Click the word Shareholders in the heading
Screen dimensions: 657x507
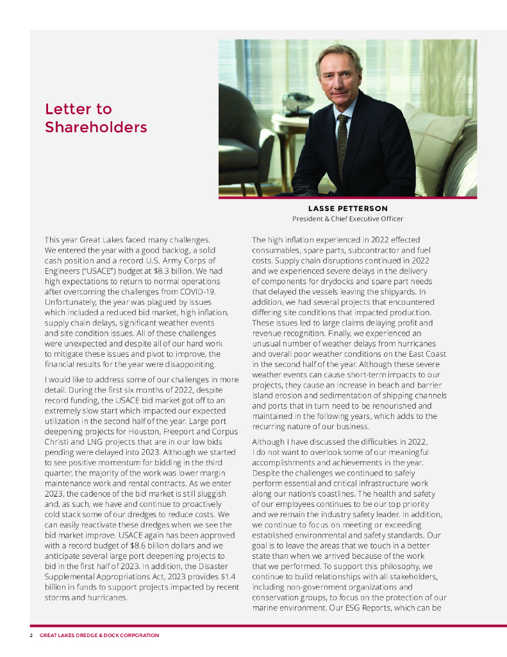coord(96,127)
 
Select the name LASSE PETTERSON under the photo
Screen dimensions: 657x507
coord(347,209)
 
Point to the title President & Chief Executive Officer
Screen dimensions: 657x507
coord(347,218)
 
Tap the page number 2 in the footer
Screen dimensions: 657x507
coord(31,635)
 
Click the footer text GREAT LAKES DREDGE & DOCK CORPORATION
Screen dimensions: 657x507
coord(99,635)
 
